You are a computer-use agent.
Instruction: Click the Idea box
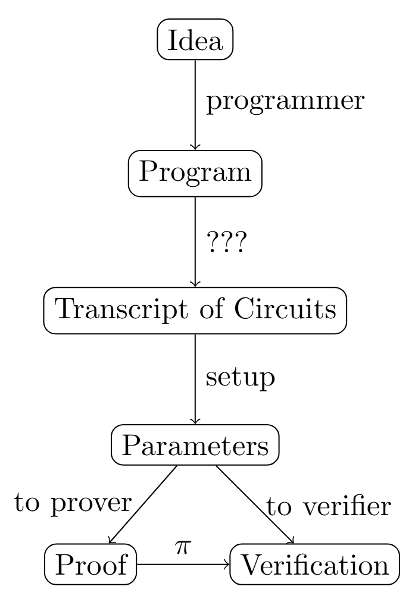(x=195, y=41)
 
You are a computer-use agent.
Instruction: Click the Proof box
(x=91, y=563)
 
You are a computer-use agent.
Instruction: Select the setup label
(x=241, y=379)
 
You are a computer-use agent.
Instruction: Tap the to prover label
(x=72, y=504)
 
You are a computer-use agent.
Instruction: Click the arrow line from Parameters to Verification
(x=255, y=503)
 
